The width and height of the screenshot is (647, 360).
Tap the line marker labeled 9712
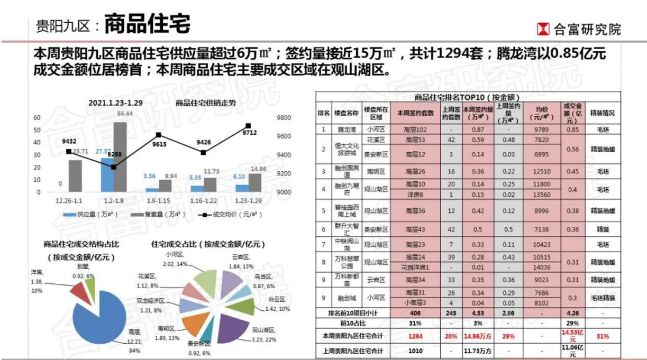[x=248, y=126]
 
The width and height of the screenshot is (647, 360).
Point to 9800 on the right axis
[x=284, y=118]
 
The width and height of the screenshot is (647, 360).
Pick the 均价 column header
[x=542, y=113]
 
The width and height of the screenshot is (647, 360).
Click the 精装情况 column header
[x=602, y=113]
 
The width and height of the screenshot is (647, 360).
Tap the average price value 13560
[x=542, y=194]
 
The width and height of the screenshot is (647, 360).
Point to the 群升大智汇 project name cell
[x=347, y=230]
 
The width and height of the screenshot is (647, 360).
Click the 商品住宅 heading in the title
[x=147, y=24]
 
